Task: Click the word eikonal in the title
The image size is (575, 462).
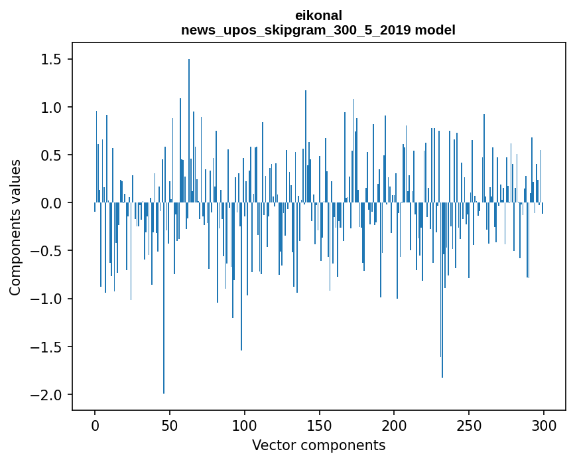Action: pos(318,15)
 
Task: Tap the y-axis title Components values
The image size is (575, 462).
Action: pos(15,227)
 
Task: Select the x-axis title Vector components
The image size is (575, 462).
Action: pos(318,445)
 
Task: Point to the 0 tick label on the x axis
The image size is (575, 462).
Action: pos(95,424)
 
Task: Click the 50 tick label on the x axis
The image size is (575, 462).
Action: pos(170,424)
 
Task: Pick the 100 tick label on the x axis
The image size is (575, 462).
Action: pos(245,424)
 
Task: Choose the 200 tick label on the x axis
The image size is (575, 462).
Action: pos(394,424)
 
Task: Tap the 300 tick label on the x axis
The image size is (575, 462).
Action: pos(544,424)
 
